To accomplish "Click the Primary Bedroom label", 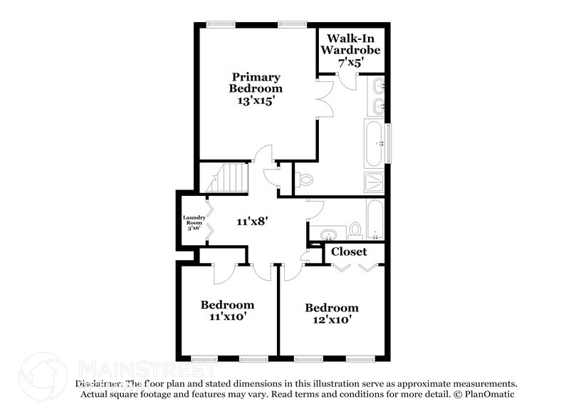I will [x=255, y=83].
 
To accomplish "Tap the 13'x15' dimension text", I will [x=255, y=101].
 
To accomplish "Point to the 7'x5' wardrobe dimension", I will [x=350, y=63].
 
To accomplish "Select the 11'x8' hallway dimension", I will [x=253, y=222].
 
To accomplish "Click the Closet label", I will [x=350, y=252].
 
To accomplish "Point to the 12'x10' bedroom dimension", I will [x=331, y=320].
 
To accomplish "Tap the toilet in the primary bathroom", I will [x=305, y=180].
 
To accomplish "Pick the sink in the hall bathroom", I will [x=328, y=234].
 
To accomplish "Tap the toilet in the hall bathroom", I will [x=355, y=229].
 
